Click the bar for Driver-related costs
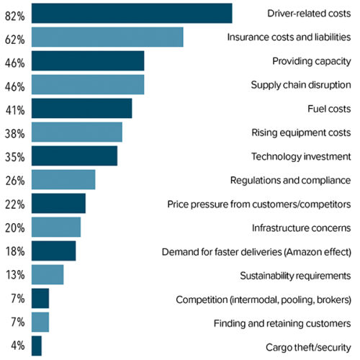(132, 14)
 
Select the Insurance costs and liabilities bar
(107, 37)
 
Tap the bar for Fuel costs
(81, 108)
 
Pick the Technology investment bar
(74, 156)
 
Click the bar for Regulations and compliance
(63, 179)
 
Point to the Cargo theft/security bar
(37, 346)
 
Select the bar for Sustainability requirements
(48, 274)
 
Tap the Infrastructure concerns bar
(56, 227)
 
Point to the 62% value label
(14, 40)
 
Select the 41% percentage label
(14, 111)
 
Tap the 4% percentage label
(18, 346)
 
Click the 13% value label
(14, 274)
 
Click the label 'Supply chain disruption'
(300, 85)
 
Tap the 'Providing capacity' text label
(311, 61)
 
